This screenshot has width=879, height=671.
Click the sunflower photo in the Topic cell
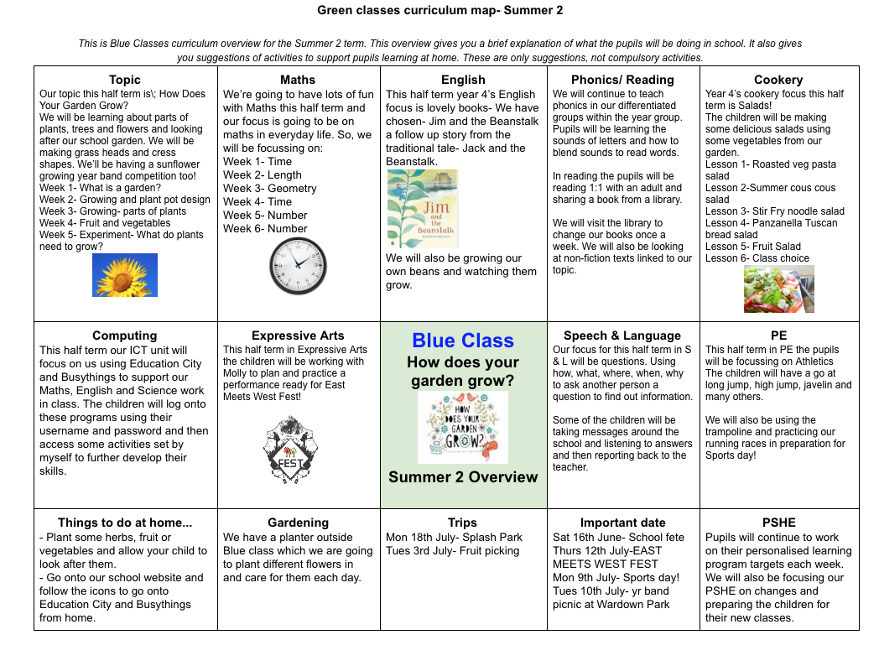(x=125, y=275)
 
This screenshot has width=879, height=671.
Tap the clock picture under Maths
(x=298, y=266)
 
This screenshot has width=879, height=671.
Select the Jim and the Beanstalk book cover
(x=423, y=209)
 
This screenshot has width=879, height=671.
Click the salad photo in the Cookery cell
(x=778, y=289)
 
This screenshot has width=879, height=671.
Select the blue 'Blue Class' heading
(x=463, y=341)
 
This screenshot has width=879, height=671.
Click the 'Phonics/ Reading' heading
(x=622, y=80)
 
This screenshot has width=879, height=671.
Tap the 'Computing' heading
(x=124, y=335)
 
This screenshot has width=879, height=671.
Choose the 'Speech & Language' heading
(x=622, y=335)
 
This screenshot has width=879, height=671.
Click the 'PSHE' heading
(x=778, y=522)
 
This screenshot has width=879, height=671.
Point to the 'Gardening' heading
(x=298, y=522)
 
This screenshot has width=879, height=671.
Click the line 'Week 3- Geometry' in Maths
(x=270, y=188)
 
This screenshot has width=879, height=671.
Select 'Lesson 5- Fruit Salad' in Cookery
(x=753, y=247)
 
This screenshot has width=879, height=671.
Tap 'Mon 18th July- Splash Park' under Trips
(x=454, y=537)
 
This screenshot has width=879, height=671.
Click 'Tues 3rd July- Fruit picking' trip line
(x=453, y=550)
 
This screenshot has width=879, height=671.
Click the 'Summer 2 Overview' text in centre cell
(x=463, y=477)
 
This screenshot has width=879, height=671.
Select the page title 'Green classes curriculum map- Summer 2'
(x=439, y=11)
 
